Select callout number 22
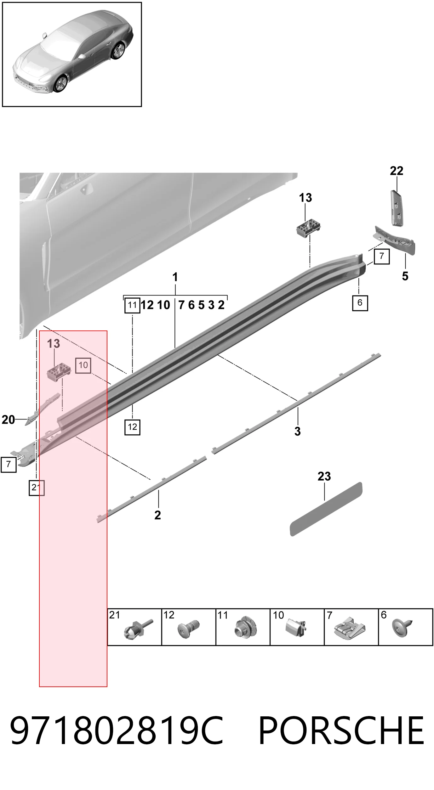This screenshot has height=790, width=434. point(397,171)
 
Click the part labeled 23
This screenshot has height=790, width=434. point(326,509)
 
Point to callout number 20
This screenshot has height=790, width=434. point(8,420)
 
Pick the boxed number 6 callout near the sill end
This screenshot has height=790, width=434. point(360,303)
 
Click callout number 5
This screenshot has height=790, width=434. point(405,276)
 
